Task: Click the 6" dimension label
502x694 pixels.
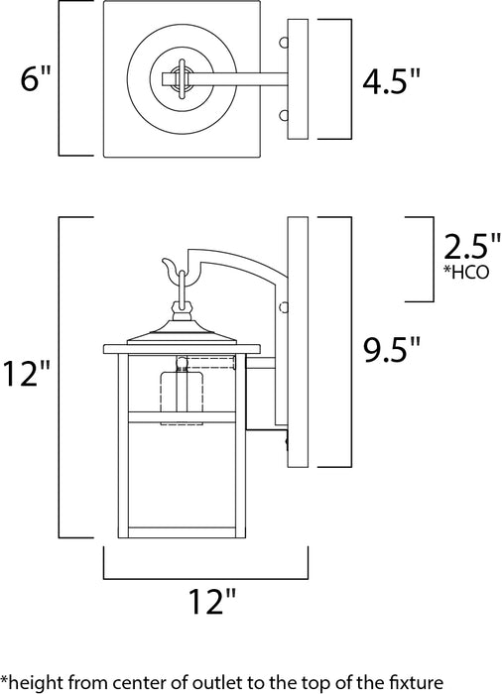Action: pyautogui.click(x=33, y=80)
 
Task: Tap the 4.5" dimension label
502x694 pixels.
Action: pyautogui.click(x=389, y=80)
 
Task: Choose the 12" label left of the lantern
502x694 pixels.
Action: pyautogui.click(x=27, y=375)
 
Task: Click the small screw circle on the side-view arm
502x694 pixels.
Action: pyautogui.click(x=283, y=304)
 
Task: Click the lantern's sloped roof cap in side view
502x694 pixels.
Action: pyautogui.click(x=183, y=329)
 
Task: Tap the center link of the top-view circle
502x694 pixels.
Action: pyautogui.click(x=182, y=78)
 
